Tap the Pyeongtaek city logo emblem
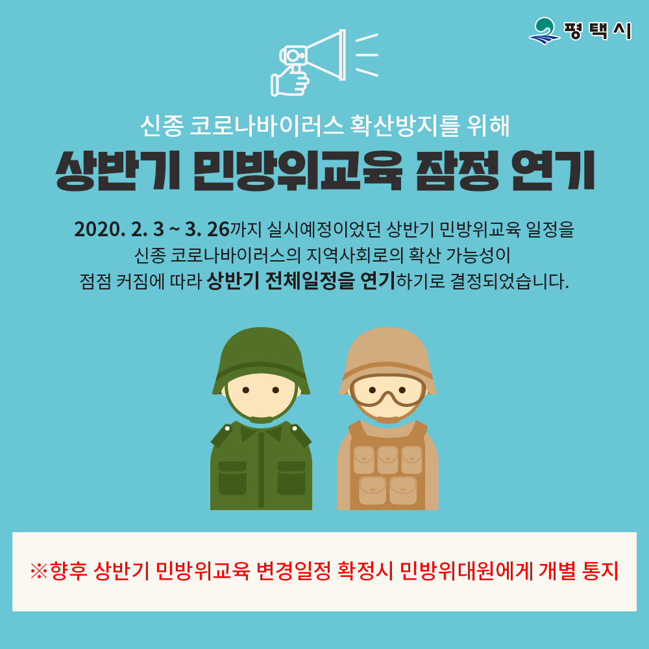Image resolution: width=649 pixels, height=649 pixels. (545, 31)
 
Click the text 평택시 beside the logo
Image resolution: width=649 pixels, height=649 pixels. (598, 31)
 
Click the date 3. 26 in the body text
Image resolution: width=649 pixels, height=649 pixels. (207, 229)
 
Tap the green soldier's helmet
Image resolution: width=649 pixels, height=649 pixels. (261, 354)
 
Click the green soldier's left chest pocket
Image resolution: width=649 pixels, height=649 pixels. (232, 477)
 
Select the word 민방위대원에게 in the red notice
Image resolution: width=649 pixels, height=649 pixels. (465, 572)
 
